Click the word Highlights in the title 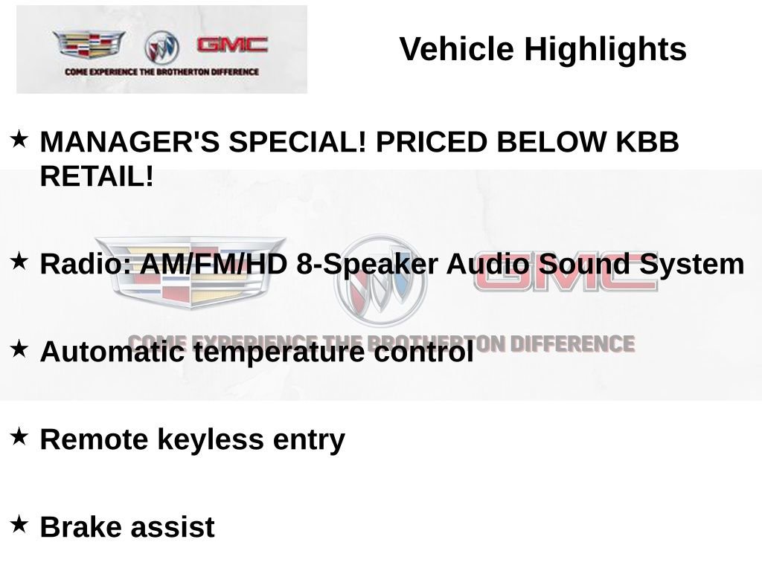(605, 50)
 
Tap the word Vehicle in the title (457, 48)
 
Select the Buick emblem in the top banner (161, 48)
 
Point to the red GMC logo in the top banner (232, 45)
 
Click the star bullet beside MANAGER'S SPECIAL (19, 139)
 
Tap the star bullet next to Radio (19, 261)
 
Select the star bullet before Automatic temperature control (19, 349)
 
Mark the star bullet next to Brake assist (19, 524)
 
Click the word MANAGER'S (129, 142)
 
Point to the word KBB (647, 142)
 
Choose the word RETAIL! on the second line (97, 176)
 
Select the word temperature (278, 352)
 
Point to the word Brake (80, 527)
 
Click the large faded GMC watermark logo (566, 272)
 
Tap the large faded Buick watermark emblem (380, 280)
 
